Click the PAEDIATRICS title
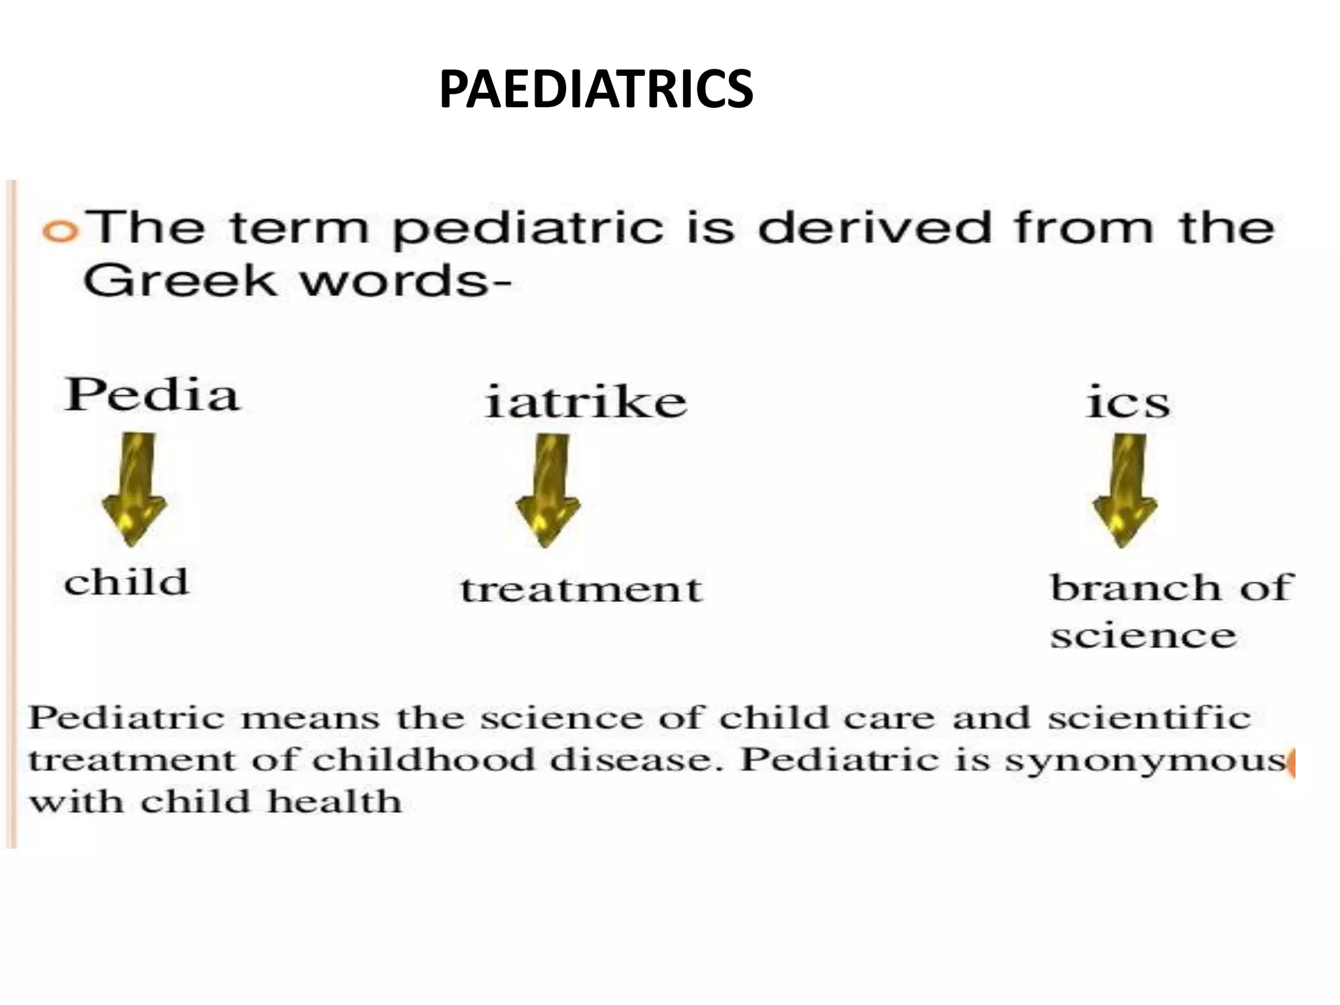point(595,90)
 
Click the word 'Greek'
point(179,281)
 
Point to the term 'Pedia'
point(152,395)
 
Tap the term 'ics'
point(1127,402)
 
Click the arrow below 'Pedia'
point(135,487)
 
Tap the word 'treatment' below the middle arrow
point(581,589)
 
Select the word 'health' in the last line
point(334,802)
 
